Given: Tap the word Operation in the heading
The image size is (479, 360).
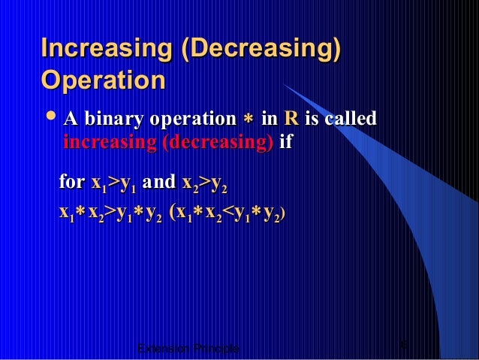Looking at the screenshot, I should coord(104,80).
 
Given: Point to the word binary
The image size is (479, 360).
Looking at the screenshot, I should coord(114,119).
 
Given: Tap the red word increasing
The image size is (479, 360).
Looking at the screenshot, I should coord(107,143).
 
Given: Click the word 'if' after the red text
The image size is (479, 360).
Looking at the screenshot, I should coord(285,143).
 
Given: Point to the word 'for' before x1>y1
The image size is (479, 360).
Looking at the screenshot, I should coord(72,182).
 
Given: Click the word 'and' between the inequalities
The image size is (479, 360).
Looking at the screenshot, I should coord(158,182).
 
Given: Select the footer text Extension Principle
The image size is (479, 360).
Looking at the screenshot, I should coord(188,349).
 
